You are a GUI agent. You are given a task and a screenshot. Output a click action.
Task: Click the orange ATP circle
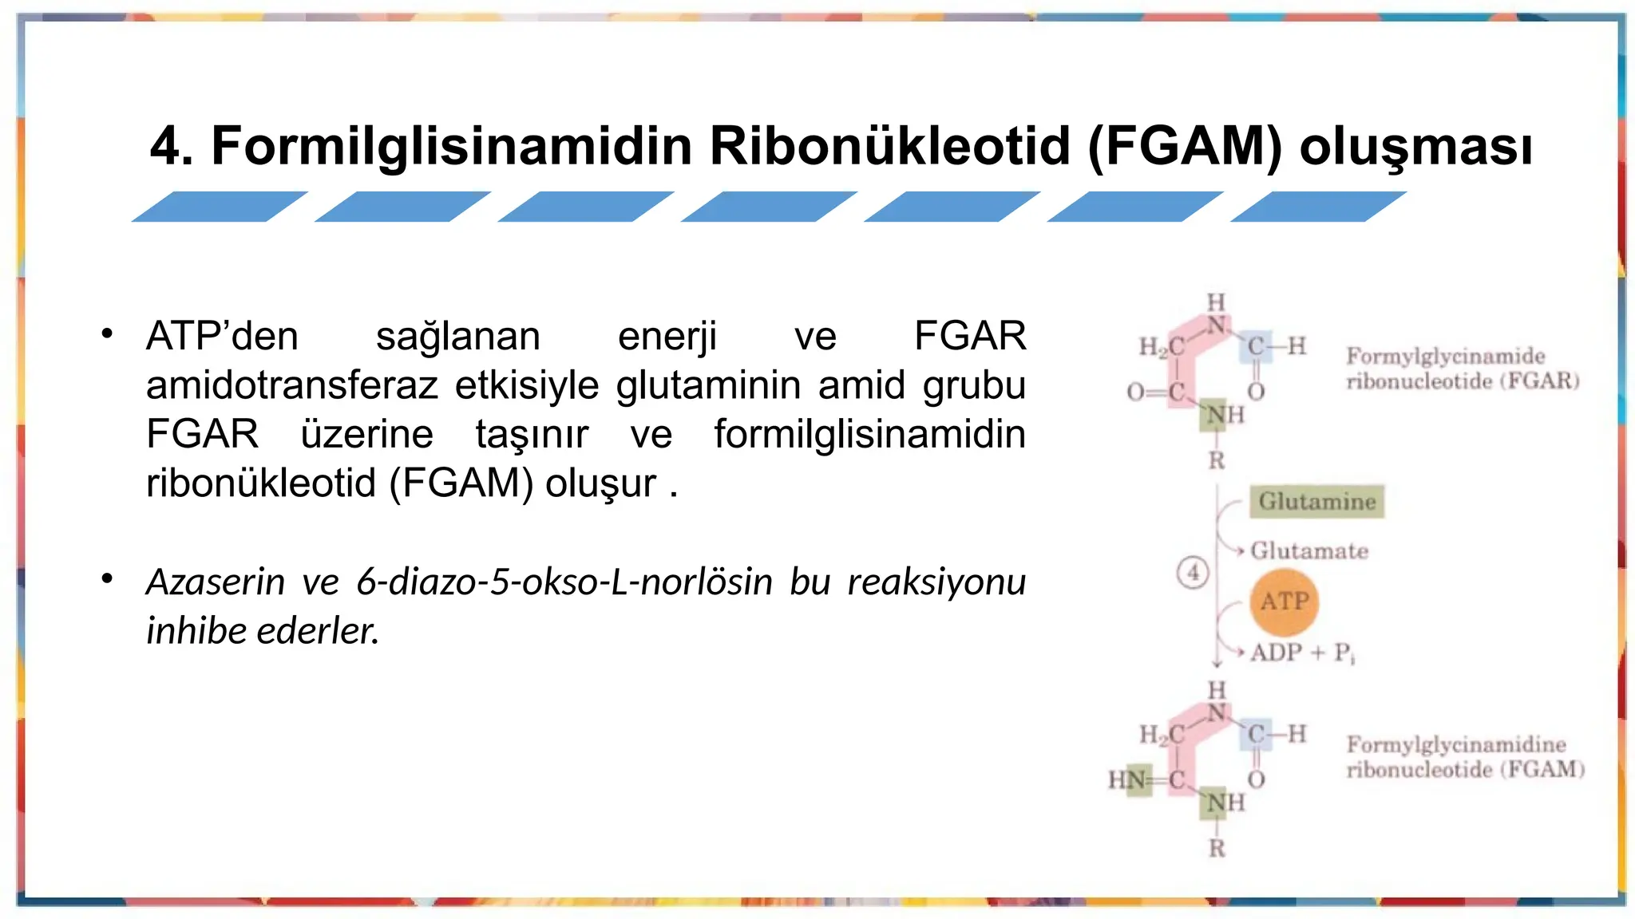point(1284,602)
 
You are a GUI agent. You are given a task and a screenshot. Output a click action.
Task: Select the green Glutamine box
point(1316,502)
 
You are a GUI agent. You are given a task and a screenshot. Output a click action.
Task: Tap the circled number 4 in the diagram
point(1193,573)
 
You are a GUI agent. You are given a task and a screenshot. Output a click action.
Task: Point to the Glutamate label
point(1308,551)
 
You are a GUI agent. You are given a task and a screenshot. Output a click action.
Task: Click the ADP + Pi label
point(1302,653)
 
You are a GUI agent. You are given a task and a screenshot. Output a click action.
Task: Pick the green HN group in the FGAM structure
point(1128,779)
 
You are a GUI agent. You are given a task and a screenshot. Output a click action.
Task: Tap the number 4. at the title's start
point(171,147)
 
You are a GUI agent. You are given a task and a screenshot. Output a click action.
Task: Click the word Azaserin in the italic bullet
point(215,582)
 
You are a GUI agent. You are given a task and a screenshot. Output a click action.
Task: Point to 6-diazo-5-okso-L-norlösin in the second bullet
point(564,582)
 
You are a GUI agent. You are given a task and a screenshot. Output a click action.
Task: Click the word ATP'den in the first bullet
point(222,337)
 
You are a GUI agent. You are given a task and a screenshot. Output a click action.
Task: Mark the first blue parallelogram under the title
point(220,207)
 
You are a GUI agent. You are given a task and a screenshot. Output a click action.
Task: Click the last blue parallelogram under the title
point(1318,207)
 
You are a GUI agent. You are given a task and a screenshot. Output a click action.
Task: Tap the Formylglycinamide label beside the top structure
point(1445,357)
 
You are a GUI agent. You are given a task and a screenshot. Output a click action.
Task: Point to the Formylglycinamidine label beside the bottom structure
point(1455,745)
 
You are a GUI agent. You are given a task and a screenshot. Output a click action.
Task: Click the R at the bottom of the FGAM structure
point(1216,849)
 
